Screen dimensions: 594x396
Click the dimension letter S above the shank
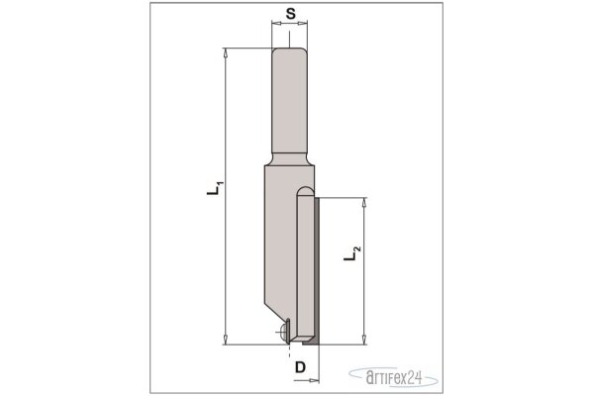point(290,14)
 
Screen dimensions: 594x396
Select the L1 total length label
point(215,188)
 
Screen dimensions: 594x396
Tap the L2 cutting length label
point(352,253)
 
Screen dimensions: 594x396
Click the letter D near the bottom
point(300,367)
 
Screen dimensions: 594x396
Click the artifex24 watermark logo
point(394,376)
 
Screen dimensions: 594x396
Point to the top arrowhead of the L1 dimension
point(226,53)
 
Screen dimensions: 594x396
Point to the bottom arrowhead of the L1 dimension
point(226,340)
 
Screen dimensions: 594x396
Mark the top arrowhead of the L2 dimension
point(364,202)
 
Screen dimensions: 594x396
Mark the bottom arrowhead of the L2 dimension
point(364,340)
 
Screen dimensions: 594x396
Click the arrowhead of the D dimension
point(315,380)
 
